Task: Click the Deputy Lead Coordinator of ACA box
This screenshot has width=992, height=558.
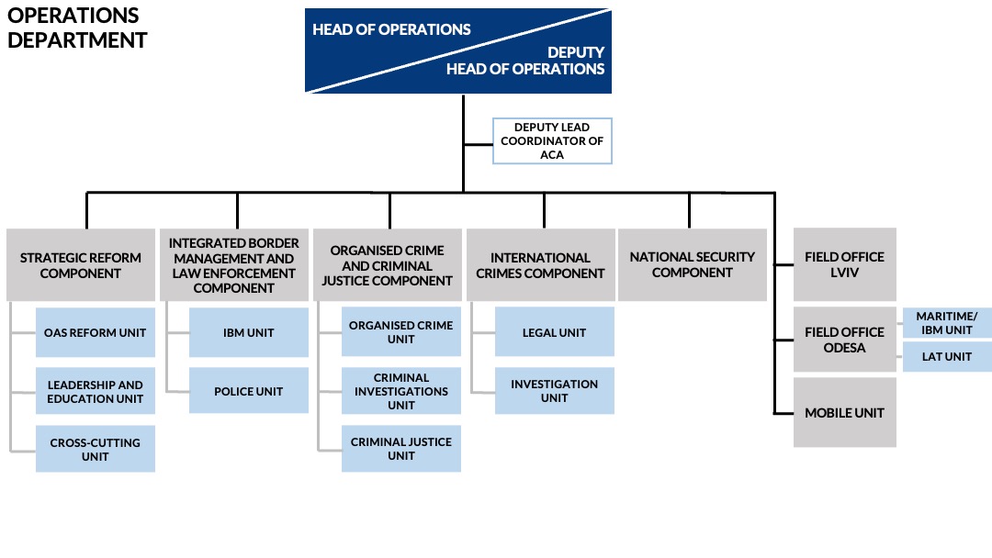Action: point(552,141)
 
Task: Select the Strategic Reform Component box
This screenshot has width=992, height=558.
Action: point(80,265)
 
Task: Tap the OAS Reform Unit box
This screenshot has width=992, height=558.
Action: point(95,332)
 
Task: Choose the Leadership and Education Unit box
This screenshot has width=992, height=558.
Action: point(95,391)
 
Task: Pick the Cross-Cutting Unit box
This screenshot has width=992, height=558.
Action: point(95,449)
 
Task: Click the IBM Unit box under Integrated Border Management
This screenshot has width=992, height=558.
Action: point(249,332)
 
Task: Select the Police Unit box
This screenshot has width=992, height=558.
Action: point(249,391)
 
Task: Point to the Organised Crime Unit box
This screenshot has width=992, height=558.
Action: point(401,331)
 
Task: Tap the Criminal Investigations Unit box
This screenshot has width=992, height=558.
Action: point(401,391)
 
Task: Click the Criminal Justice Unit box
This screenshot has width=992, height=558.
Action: point(401,449)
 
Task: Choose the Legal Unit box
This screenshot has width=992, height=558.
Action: point(554,331)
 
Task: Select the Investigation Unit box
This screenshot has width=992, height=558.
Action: point(554,391)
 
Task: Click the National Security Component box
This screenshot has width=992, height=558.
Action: point(693,265)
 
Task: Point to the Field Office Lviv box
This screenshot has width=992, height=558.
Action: point(845,265)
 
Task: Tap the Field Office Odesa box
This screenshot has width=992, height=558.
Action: point(845,340)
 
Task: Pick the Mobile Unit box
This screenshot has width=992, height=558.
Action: point(845,413)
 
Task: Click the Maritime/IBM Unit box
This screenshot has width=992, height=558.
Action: point(947,323)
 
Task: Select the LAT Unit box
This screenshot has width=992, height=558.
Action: point(947,356)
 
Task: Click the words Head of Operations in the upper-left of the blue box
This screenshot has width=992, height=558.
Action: point(391,29)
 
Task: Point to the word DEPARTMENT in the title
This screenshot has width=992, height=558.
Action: point(77,40)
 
